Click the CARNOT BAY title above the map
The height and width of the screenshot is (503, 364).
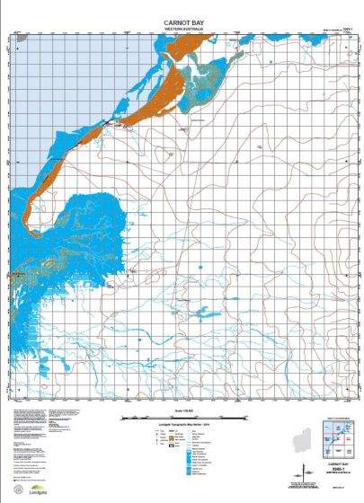[183, 21]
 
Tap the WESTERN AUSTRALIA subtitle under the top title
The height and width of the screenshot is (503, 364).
[183, 28]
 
